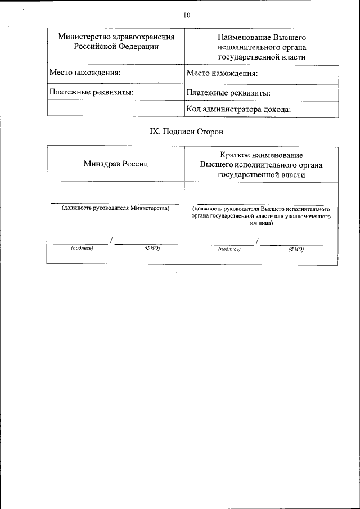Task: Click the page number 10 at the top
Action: [187, 16]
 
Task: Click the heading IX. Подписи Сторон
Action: [186, 132]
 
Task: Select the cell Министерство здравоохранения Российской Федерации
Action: [116, 42]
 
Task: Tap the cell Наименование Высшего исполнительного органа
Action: [262, 47]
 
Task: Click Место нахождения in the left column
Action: [85, 73]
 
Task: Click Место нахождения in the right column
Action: [222, 73]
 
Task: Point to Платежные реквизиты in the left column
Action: [91, 92]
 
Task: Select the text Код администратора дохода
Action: [238, 109]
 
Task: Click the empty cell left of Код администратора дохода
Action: [116, 109]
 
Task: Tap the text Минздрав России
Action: [116, 164]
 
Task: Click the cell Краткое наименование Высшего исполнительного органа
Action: [262, 164]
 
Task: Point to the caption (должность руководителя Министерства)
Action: [115, 208]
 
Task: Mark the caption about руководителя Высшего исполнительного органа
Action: [261, 215]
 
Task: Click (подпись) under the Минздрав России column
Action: [82, 248]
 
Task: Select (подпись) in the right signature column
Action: [229, 249]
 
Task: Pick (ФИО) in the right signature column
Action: [296, 249]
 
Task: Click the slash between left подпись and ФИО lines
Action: [112, 241]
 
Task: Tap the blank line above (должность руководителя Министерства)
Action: [115, 203]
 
